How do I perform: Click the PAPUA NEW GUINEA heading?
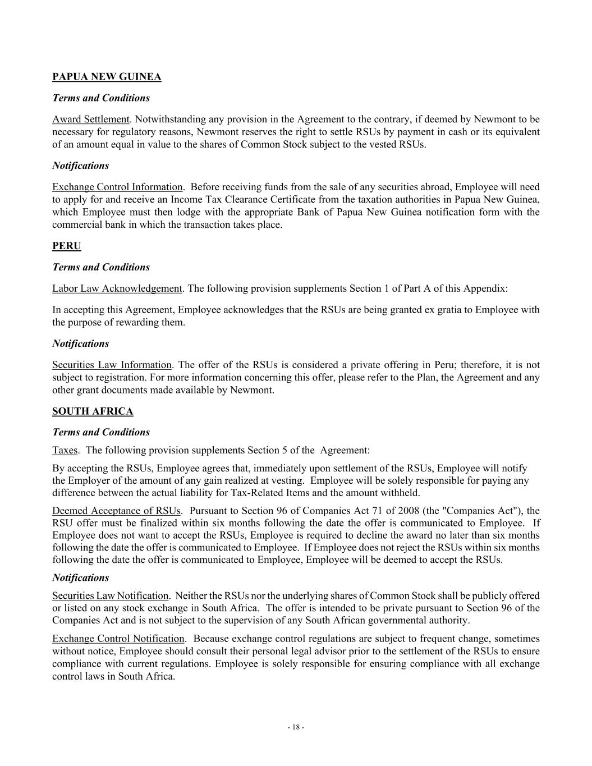(107, 77)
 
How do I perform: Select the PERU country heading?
(67, 246)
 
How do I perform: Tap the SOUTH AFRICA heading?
(93, 411)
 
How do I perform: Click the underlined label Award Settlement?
(91, 119)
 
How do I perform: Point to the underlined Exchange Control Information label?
(117, 187)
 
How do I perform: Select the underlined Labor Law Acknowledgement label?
(117, 288)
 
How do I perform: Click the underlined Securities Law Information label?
(112, 365)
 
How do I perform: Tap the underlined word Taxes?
(65, 450)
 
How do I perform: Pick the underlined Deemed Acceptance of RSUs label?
(117, 511)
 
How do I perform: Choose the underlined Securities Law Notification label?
(110, 595)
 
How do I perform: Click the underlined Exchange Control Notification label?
(118, 639)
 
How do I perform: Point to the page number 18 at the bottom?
(296, 727)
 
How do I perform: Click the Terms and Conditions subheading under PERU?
(101, 267)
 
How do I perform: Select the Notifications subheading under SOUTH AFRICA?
(81, 577)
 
